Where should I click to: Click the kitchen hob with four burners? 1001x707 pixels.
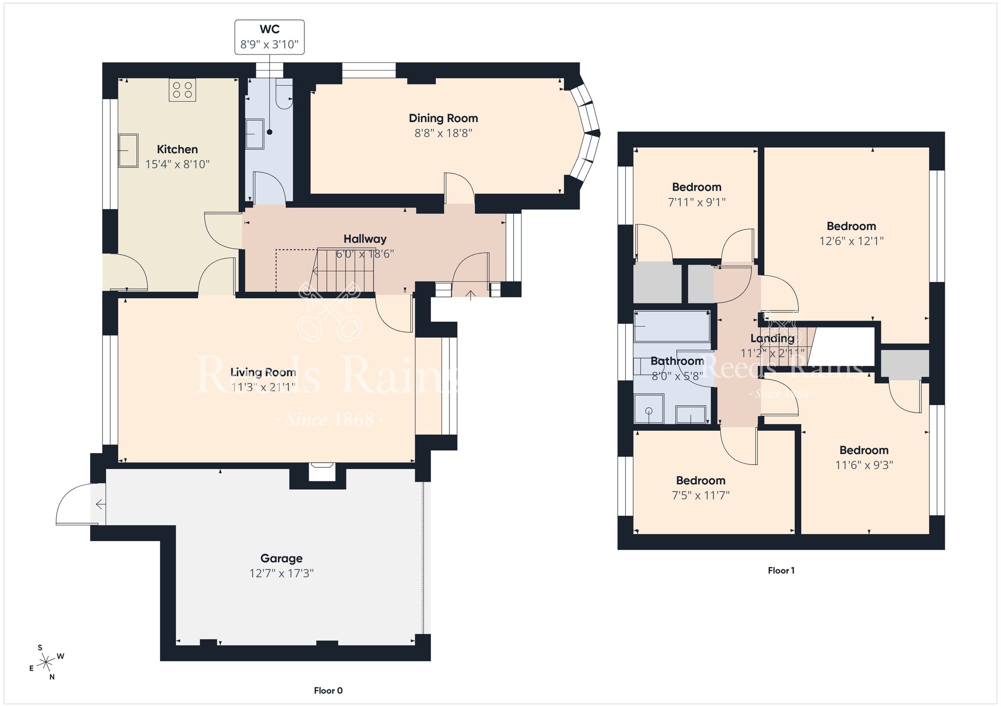coord(182,90)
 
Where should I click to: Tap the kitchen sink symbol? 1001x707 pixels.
coord(128,150)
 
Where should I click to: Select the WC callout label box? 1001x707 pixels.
coord(269,37)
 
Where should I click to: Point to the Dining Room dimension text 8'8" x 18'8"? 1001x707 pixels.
coord(443,133)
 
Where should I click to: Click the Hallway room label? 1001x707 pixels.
coord(365,239)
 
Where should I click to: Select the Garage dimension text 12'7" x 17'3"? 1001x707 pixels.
coord(281,573)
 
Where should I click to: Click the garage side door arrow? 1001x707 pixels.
coord(100,504)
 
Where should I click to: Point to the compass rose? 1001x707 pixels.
coord(47,662)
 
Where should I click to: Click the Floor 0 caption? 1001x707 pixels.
coord(328,690)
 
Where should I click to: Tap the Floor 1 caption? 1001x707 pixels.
coord(781,570)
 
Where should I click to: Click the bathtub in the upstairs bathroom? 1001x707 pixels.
coord(672,326)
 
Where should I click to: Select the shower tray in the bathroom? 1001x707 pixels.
coord(649,408)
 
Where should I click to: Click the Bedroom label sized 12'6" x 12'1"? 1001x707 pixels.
coord(851,226)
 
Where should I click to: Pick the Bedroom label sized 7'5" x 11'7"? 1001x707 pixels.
coord(700,480)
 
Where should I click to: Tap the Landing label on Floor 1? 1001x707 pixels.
coord(772,338)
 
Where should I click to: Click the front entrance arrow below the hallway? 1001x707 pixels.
coord(470,295)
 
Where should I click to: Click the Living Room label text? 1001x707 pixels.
coord(263,372)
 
